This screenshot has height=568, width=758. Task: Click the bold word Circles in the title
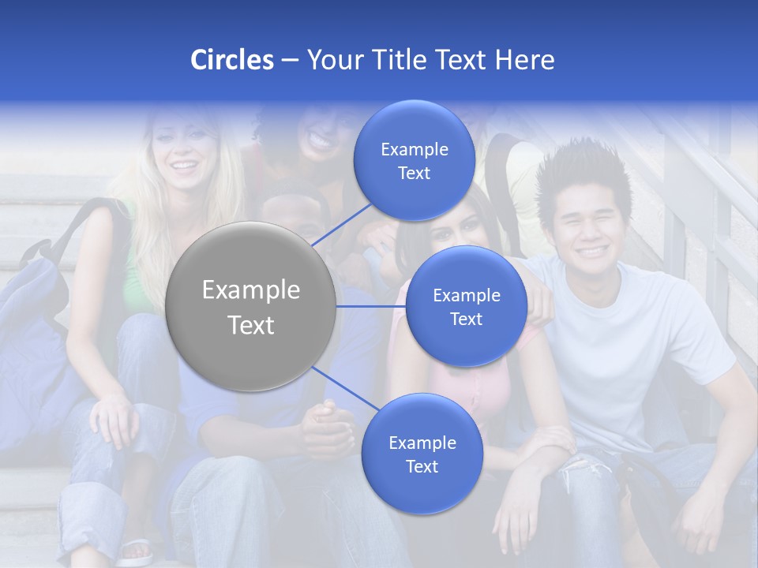point(231,60)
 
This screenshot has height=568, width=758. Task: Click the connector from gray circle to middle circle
point(371,306)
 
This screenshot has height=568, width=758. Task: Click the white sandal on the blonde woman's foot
point(134,550)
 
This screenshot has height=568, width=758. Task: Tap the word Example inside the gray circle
point(250,290)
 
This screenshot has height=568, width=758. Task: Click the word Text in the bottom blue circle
point(422,466)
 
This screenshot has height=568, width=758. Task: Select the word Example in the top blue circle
point(414,149)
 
